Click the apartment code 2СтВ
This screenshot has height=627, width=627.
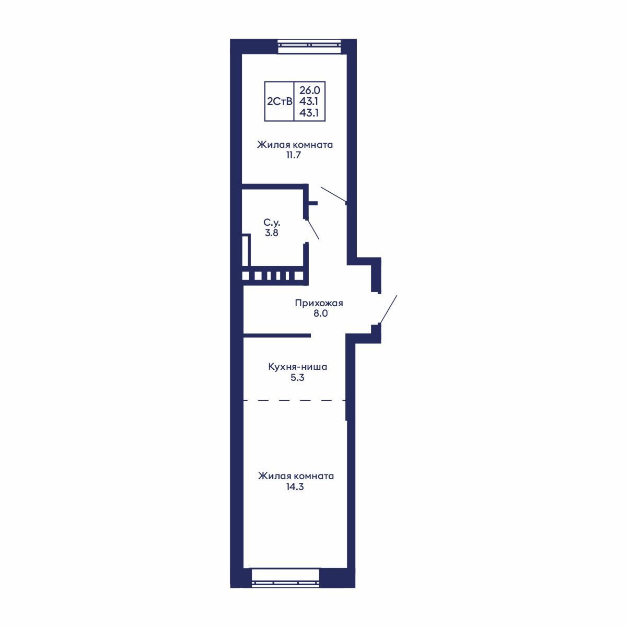pos(280,101)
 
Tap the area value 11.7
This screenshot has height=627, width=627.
pos(294,155)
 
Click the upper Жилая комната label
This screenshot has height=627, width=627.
pos(294,145)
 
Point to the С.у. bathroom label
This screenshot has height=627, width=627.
pos(272,223)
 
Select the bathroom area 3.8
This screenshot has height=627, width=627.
pos(272,233)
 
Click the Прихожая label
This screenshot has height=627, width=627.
pos(318,303)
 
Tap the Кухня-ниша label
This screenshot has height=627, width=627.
pos(297,367)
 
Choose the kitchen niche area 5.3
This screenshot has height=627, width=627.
pos(297,377)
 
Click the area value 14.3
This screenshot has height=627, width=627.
pos(295,487)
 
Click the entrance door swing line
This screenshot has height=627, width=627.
pos(388,309)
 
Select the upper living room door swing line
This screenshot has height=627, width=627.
pos(333,194)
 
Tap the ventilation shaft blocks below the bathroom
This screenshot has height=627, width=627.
pos(272,275)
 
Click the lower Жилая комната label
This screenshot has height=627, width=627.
pos(295,477)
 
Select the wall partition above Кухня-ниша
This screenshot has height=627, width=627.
pos(277,334)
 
